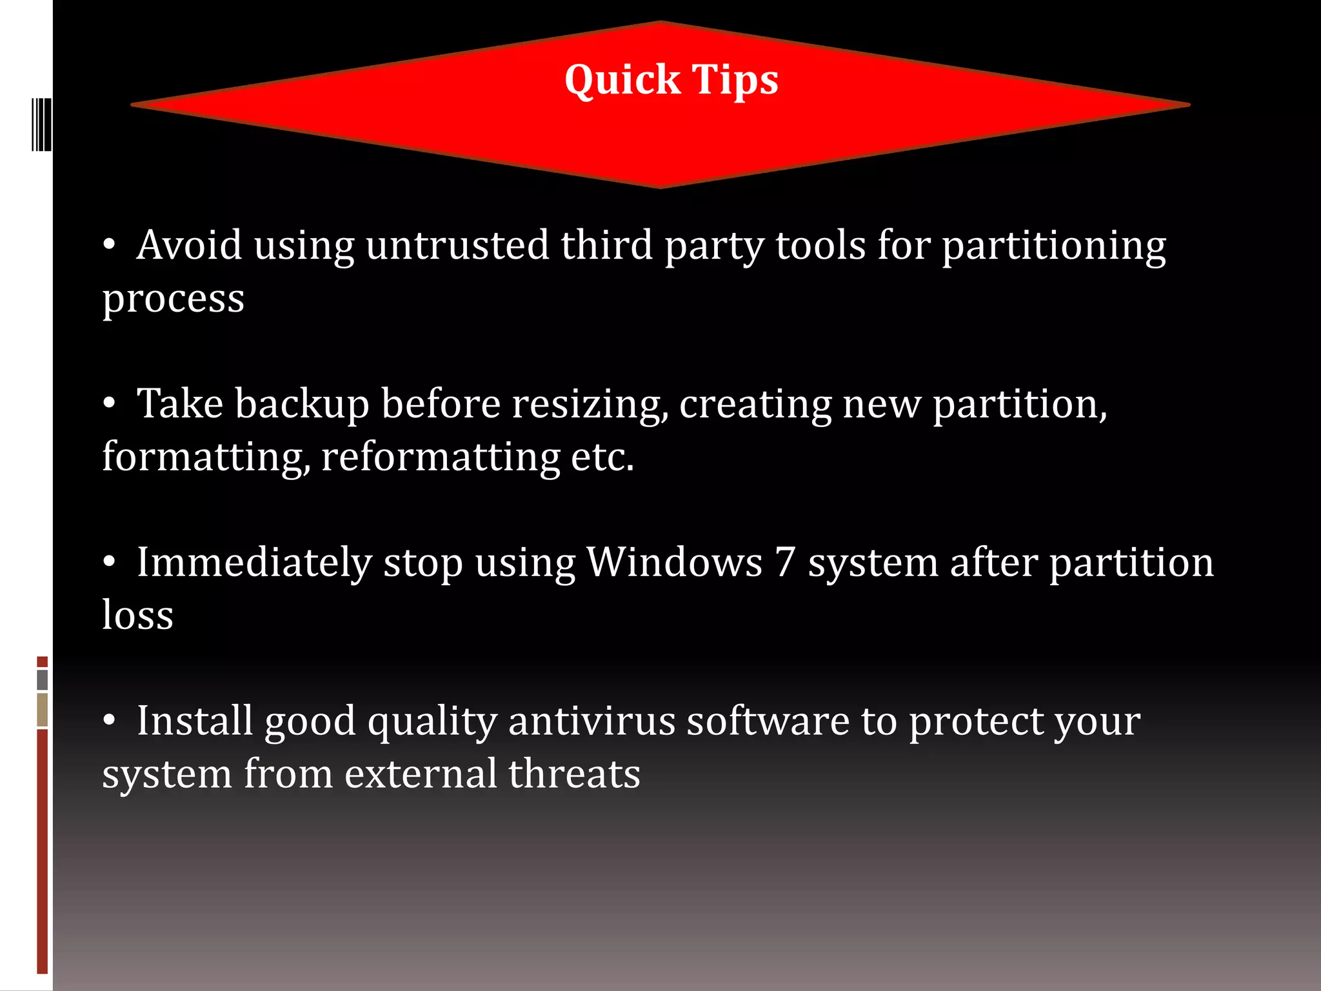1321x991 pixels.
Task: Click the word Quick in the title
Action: (622, 81)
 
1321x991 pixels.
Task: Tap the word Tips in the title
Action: (735, 81)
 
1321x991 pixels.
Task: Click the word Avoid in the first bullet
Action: (189, 246)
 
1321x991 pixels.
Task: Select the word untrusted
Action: (457, 246)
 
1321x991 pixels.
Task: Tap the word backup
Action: (302, 405)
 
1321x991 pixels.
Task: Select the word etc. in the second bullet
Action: (602, 457)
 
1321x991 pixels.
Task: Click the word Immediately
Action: (254, 563)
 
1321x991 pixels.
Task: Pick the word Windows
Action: (675, 562)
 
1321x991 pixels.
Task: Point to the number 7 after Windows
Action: (785, 562)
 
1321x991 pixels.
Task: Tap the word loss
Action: (138, 614)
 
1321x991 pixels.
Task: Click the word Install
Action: (194, 721)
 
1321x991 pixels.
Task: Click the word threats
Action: (574, 774)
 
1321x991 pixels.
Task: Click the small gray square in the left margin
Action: (43, 679)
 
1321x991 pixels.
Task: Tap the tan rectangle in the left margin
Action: (43, 709)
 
